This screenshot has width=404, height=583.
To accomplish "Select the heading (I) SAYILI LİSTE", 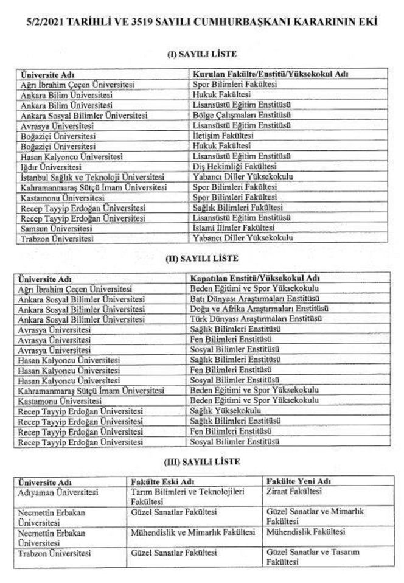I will [x=201, y=55].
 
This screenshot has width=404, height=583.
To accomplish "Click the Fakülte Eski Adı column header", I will [x=160, y=481].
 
